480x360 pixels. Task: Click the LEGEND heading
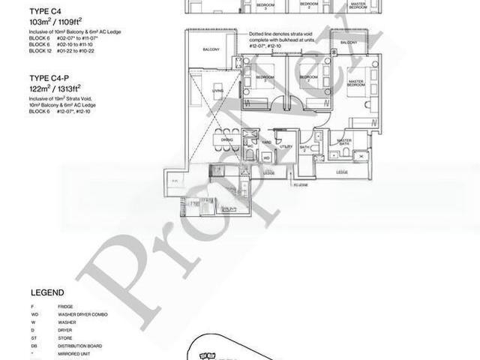pyautogui.click(x=47, y=292)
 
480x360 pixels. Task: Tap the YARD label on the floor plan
pyautogui.click(x=267, y=142)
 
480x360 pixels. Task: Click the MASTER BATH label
pyautogui.click(x=344, y=144)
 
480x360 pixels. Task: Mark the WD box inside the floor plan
pyautogui.click(x=267, y=157)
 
